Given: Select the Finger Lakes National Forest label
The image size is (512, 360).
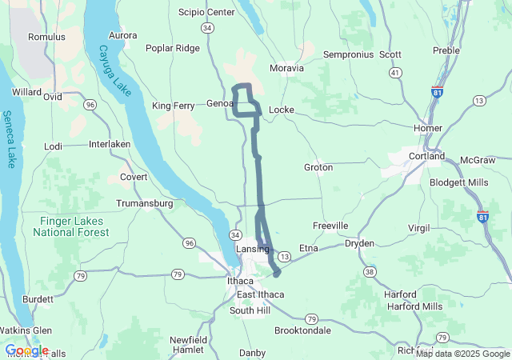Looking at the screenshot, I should pyautogui.click(x=67, y=226).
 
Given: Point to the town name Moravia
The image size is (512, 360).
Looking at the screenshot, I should pyautogui.click(x=287, y=68).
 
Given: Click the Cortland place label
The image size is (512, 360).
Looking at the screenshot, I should pyautogui.click(x=426, y=156).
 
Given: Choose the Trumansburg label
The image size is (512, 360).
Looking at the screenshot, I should pyautogui.click(x=145, y=203).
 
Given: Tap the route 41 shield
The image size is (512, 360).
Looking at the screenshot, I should pyautogui.click(x=395, y=73).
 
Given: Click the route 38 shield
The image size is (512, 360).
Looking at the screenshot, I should pyautogui.click(x=369, y=272).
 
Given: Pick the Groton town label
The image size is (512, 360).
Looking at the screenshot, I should pyautogui.click(x=318, y=167).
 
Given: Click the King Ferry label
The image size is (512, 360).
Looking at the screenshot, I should pyautogui.click(x=174, y=105).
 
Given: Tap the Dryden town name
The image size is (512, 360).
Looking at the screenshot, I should pyautogui.click(x=359, y=243).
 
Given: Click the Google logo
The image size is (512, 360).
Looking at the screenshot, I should pyautogui.click(x=26, y=350).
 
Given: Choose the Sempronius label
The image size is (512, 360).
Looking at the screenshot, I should pyautogui.click(x=348, y=54).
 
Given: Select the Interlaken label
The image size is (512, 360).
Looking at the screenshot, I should pyautogui.click(x=110, y=144).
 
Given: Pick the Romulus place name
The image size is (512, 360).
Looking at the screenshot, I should pyautogui.click(x=46, y=37).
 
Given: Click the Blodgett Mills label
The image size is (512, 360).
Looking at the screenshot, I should pyautogui.click(x=459, y=182).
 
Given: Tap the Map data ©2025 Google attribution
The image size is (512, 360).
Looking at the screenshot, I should pyautogui.click(x=462, y=354).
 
